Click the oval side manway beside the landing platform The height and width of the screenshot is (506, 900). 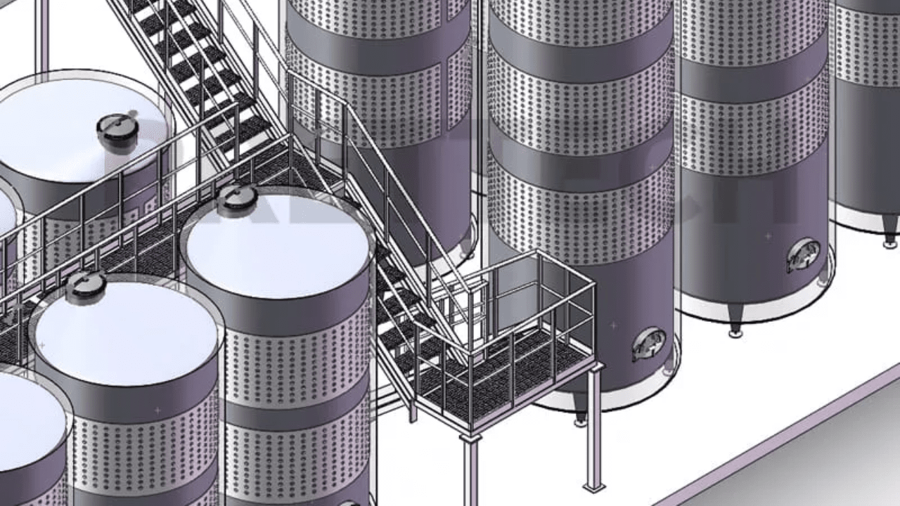(x=648, y=344)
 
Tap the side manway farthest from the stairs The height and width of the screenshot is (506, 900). (x=803, y=255)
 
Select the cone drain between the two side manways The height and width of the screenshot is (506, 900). (x=735, y=327)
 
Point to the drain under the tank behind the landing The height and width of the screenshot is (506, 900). (x=580, y=416)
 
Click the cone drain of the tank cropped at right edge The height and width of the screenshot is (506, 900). (x=890, y=236)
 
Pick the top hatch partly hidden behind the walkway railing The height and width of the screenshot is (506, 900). (x=117, y=130)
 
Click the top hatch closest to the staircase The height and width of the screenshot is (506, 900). (x=237, y=201)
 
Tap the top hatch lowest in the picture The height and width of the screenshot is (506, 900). (x=86, y=287)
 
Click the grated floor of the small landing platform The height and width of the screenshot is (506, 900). (x=506, y=372)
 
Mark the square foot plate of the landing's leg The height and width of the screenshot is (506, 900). (x=594, y=486)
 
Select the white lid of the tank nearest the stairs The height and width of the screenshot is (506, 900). (x=278, y=242)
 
